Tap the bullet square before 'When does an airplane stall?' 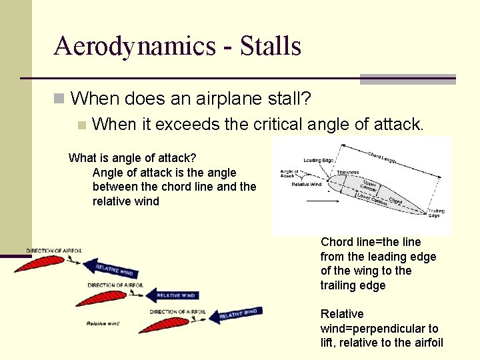point(59,100)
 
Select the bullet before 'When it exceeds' point(81,125)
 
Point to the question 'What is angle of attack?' point(133,158)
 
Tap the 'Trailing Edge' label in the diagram point(437,212)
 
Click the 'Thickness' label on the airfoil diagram point(347,172)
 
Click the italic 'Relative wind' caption point(103,324)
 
